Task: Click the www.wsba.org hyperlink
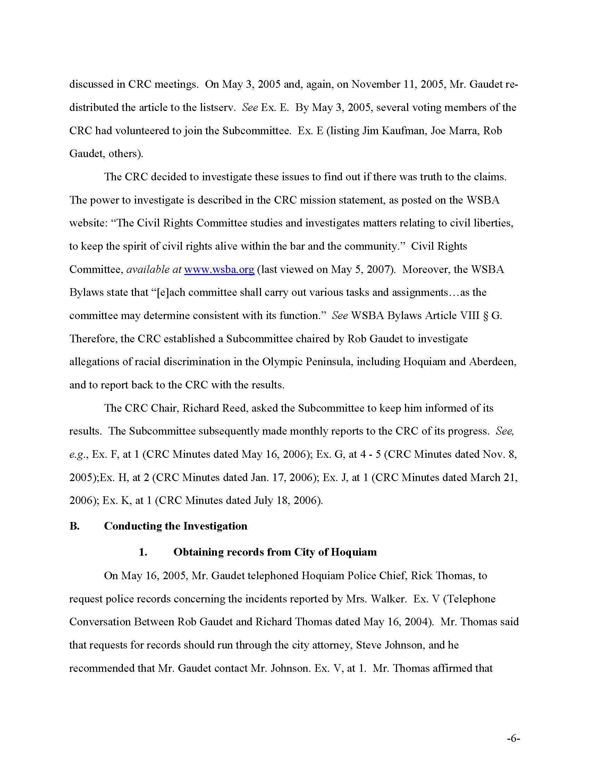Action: (219, 270)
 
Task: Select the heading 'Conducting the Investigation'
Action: (176, 526)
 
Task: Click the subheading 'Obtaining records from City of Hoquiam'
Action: (275, 552)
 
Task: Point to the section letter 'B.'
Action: (75, 526)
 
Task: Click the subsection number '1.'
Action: (143, 552)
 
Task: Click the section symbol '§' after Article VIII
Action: (485, 316)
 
